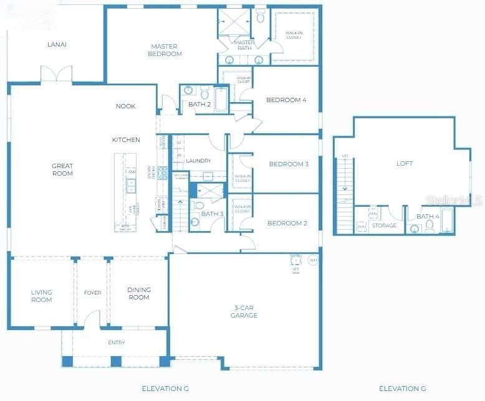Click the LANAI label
57,44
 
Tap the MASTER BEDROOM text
164,50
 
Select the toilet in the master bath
261,16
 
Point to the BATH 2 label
200,104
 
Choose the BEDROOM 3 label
289,164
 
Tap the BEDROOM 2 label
287,224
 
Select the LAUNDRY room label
199,161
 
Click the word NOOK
125,106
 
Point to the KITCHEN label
126,140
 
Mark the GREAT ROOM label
62,169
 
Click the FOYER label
92,292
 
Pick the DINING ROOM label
138,293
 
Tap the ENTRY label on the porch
117,342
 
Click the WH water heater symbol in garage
313,260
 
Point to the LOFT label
405,164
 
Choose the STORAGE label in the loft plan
384,225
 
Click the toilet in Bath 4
430,225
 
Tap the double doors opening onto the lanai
56,75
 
